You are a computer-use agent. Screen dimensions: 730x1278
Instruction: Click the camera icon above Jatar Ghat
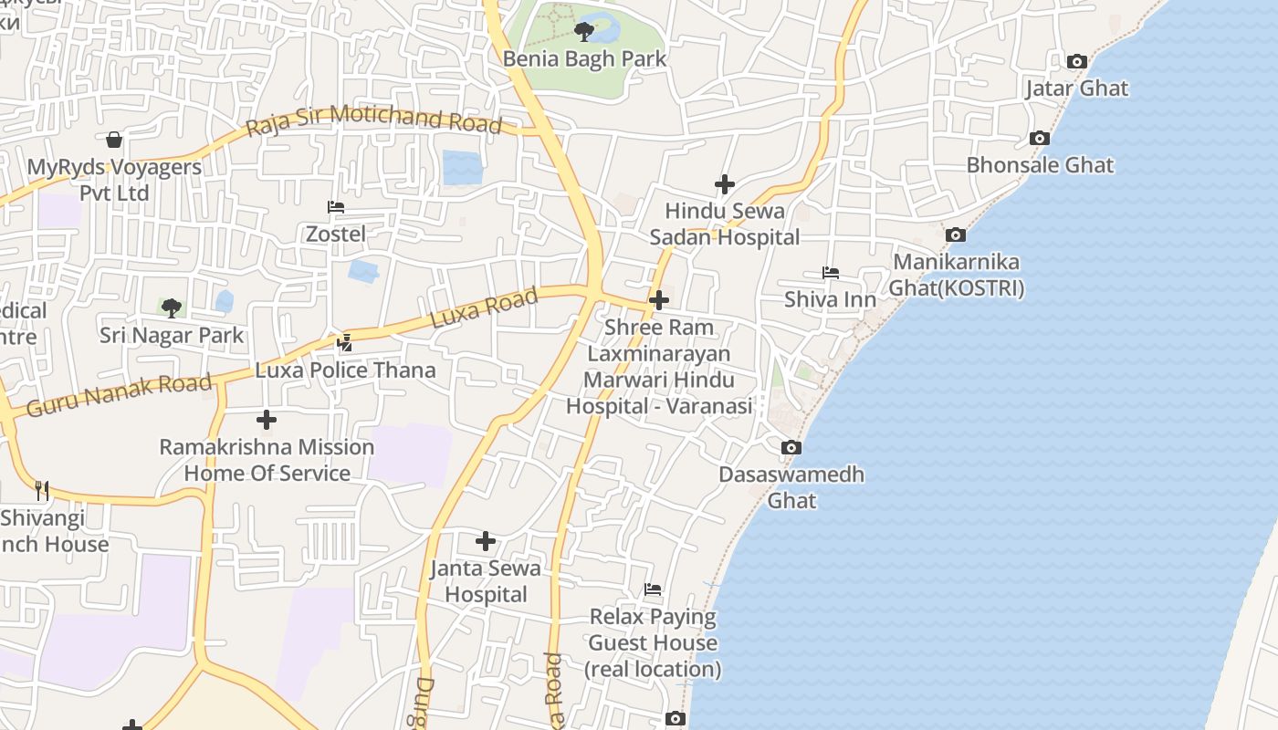point(1077,62)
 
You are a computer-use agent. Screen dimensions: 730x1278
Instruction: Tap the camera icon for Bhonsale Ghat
point(1039,139)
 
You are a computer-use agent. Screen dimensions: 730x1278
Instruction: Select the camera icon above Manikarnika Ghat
point(956,235)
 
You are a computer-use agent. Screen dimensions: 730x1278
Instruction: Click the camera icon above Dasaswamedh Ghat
point(791,448)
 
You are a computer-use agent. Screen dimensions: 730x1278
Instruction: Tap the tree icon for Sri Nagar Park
point(171,308)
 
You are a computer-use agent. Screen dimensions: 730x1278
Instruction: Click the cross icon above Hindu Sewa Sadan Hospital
point(725,185)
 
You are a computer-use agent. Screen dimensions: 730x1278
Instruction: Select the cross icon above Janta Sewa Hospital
point(486,542)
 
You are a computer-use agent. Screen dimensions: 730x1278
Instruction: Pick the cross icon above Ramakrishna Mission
point(267,420)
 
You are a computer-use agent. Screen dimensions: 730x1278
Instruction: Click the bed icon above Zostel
point(336,207)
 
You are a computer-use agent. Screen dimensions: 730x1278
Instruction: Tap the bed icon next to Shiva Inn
point(830,273)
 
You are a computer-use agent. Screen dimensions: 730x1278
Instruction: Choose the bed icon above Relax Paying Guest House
point(653,589)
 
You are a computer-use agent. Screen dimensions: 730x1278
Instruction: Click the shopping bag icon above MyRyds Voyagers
point(114,140)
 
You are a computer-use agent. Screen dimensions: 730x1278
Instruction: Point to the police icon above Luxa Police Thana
point(345,343)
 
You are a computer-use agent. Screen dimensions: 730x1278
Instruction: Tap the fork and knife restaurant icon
point(42,490)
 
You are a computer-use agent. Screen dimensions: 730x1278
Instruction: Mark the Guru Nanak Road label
point(119,394)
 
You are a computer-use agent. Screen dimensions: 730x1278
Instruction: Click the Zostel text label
point(336,234)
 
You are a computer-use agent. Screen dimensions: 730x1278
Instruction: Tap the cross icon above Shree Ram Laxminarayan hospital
point(658,299)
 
